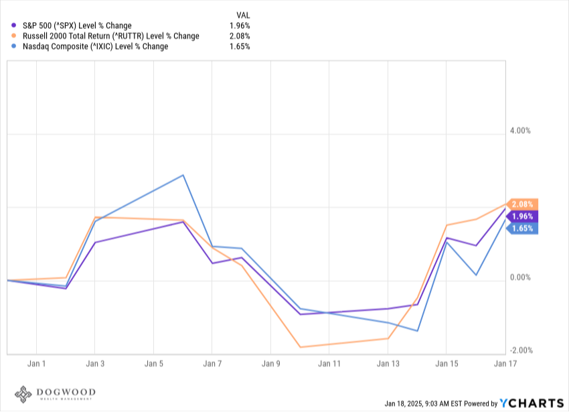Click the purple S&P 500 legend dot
[14, 25]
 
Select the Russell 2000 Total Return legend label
[111, 36]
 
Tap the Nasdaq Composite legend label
[96, 46]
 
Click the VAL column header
[243, 15]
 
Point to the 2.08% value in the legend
[240, 36]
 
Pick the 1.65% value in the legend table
[240, 46]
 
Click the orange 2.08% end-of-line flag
[523, 204]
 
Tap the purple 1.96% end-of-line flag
[523, 216]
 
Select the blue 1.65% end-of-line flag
[523, 228]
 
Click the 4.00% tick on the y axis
[520, 131]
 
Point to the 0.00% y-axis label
[520, 277]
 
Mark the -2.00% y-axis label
[521, 350]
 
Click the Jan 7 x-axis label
[212, 364]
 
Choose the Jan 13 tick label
[388, 364]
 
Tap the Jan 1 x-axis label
[37, 364]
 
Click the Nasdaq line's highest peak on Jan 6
[183, 175]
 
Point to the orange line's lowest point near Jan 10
[300, 347]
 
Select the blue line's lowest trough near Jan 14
[417, 331]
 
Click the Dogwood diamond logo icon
[23, 394]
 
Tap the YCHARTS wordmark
[532, 403]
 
